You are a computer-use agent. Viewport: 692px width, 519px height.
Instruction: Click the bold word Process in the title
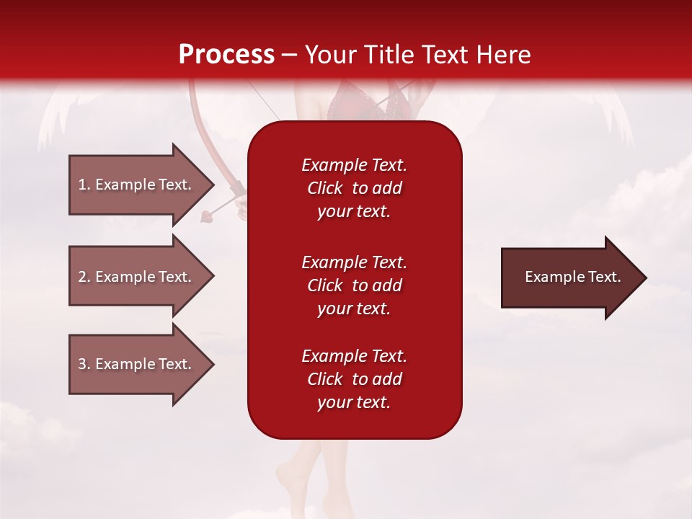coord(226,55)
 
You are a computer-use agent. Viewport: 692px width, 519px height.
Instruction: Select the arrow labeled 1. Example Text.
coord(137,185)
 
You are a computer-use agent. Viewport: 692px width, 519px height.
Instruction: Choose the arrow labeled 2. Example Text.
coord(137,277)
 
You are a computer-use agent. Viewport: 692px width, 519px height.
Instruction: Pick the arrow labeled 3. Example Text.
coord(137,364)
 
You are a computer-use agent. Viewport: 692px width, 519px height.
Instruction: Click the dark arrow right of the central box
coord(569,278)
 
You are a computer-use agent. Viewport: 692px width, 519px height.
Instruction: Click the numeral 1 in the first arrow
coord(82,185)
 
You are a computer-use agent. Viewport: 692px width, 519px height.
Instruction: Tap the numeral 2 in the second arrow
coord(82,278)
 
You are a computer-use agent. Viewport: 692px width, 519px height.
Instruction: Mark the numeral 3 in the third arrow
coord(82,365)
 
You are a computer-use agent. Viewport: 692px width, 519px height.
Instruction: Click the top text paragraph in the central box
coord(354,188)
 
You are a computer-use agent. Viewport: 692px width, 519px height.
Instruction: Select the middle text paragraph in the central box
coord(354,285)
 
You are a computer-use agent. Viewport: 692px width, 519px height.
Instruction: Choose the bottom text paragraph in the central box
coord(354,379)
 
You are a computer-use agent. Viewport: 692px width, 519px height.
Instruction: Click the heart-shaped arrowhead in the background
coord(207,214)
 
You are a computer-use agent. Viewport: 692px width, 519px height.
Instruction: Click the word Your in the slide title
coord(331,55)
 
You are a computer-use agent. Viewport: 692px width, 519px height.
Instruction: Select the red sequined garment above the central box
coord(353,105)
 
